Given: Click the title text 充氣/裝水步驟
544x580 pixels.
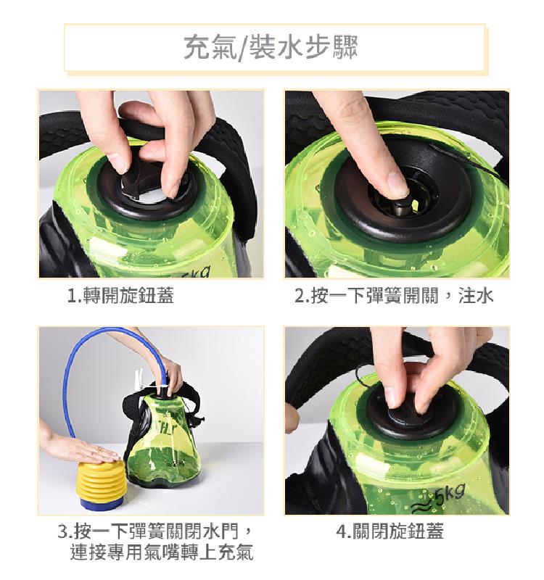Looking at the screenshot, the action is coord(271,48).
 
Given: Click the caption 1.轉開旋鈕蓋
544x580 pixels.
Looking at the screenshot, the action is coord(120,296).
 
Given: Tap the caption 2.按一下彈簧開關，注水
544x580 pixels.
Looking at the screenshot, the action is coord(394,296).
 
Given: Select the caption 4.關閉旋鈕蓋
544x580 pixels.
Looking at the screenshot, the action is coord(390,531).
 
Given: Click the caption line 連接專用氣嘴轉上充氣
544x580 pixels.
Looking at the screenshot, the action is coord(162,552).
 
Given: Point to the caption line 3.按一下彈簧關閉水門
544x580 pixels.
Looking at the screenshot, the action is coord(155,531).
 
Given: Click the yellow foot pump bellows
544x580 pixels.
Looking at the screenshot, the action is coord(99,479).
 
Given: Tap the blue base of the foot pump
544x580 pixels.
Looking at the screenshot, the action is coord(101,504).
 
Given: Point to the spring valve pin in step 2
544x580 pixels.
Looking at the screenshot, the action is coord(403,207).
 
